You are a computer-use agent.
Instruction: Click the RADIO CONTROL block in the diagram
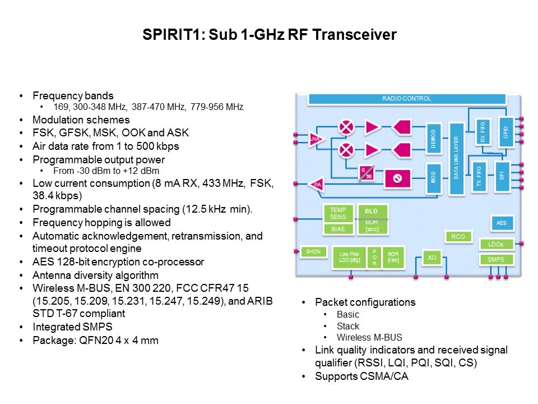coord(406,99)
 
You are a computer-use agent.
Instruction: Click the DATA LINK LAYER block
coord(457,158)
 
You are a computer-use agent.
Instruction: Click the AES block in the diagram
coord(502,223)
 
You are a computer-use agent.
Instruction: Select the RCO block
coord(458,237)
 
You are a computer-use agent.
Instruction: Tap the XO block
coord(432,258)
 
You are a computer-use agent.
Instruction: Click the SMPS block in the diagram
coord(496,259)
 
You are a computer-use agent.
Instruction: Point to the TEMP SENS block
coord(338,213)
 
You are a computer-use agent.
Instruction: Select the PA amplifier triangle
coord(317,184)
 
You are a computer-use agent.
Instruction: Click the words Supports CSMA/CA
coord(361,377)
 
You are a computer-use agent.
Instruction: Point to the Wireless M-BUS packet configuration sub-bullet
coord(369,338)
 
